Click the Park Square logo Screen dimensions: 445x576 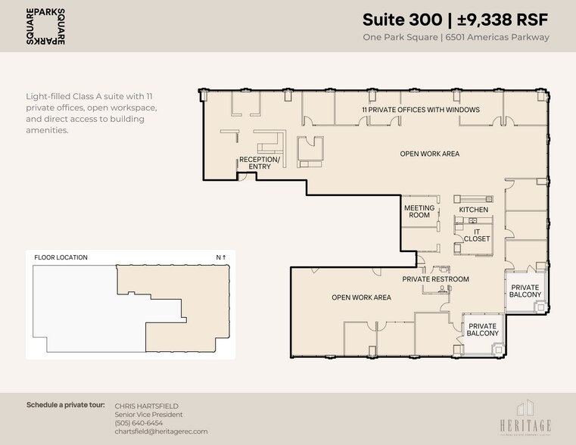[x=45, y=26]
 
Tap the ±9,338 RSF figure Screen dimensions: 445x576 [x=504, y=19]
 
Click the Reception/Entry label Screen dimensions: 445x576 [x=260, y=163]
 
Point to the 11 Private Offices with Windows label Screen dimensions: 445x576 [x=420, y=110]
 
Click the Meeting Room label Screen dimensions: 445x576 [x=419, y=211]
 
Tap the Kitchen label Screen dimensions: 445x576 [x=474, y=210]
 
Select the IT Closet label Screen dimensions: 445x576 [x=477, y=235]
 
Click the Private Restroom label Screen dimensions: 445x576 [x=435, y=279]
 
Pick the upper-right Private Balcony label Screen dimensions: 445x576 [x=525, y=291]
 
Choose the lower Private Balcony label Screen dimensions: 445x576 [x=482, y=329]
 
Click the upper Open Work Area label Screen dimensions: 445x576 [x=429, y=154]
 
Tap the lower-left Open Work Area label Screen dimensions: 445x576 [x=361, y=297]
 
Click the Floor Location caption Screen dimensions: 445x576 [x=61, y=257]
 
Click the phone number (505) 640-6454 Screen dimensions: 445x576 [x=139, y=423]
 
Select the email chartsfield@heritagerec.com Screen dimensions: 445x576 [x=160, y=432]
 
